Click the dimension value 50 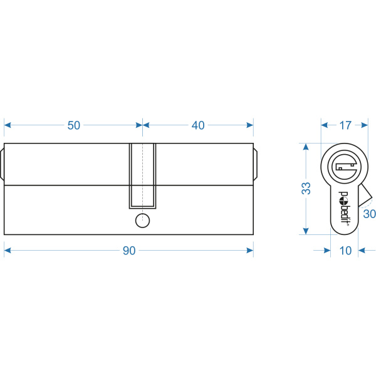pyautogui.click(x=73, y=125)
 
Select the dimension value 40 pyautogui.click(x=198, y=125)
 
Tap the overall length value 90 pyautogui.click(x=129, y=251)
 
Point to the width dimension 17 pyautogui.click(x=345, y=125)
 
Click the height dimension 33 pyautogui.click(x=306, y=188)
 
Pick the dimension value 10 pyautogui.click(x=345, y=251)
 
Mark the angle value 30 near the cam pyautogui.click(x=370, y=214)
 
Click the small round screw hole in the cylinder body pyautogui.click(x=143, y=221)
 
